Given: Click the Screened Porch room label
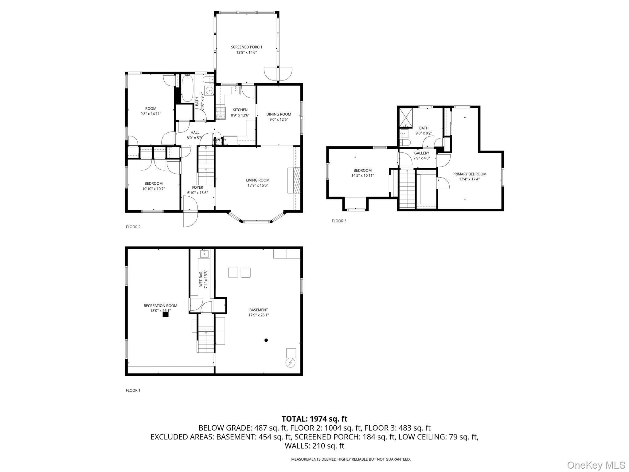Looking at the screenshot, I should pos(246,47).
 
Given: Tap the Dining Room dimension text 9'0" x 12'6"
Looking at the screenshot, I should pos(279,120).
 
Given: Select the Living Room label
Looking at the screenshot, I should pos(258,180).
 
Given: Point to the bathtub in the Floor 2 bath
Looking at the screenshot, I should pos(187,88).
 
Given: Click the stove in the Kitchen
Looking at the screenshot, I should pos(220,113).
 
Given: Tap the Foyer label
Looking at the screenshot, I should pos(197,187).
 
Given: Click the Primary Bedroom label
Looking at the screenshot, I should pos(469,174).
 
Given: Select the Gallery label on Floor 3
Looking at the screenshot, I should pos(421,153).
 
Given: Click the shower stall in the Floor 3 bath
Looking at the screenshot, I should pos(406,118).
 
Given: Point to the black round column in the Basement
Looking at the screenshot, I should pos(266,340).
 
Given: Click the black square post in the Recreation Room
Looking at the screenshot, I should pos(166,314).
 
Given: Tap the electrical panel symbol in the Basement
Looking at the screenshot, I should pos(291,363).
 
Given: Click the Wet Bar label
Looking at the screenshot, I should pos(201,279).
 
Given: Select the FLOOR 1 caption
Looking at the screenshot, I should pos(133,390).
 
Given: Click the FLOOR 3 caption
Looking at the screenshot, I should pos(339,221).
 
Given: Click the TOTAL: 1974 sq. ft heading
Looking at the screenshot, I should pos(314,419).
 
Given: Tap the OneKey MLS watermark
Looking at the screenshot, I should pos(596,465).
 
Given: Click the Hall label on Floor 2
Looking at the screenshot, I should pos(195,133).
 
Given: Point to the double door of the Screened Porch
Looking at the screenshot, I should pos(278,74).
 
